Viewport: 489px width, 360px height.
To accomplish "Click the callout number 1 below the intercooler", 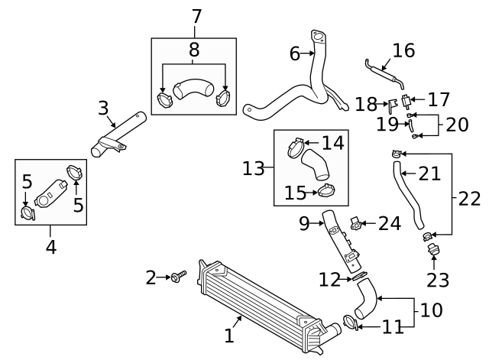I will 229,334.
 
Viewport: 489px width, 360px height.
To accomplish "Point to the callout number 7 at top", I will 196,15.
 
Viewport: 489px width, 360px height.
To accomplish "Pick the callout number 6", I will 295,54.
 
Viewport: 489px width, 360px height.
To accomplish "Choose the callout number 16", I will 403,50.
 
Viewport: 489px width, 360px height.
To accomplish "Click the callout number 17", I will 439,99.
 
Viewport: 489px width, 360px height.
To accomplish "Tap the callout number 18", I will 367,103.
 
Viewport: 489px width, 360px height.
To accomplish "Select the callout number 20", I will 457,124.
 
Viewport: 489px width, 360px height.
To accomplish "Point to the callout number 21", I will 429,174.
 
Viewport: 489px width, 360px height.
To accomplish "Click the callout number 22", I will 470,199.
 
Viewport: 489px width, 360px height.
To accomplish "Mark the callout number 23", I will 438,280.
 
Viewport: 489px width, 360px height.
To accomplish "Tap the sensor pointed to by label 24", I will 356,222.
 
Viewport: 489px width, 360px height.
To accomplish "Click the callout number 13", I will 253,167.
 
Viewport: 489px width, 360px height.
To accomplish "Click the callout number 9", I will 303,223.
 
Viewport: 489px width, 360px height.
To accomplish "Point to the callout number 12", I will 329,281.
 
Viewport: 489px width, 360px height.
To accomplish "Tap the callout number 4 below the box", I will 50,247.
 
